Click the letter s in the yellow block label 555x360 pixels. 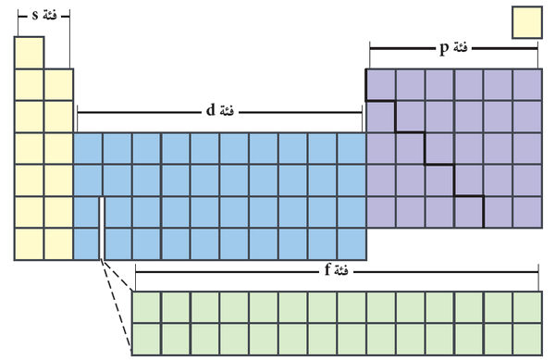[x=35, y=16]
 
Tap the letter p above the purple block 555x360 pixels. [x=444, y=48]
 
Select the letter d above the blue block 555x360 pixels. [x=211, y=110]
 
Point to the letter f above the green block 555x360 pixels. [x=327, y=270]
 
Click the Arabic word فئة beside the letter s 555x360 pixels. [x=50, y=16]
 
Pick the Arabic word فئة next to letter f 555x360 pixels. [x=341, y=271]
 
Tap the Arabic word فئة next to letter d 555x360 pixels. [x=227, y=111]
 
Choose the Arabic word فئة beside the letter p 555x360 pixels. [x=460, y=47]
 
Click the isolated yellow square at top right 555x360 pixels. [x=527, y=22]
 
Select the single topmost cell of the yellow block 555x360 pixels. [x=29, y=53]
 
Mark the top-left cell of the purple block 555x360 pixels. [x=381, y=85]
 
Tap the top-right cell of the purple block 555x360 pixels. [x=527, y=85]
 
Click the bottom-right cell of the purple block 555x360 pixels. [x=527, y=212]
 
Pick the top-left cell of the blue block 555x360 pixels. [x=88, y=149]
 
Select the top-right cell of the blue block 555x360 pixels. [x=351, y=149]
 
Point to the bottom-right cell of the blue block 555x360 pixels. [x=351, y=244]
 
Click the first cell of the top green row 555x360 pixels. [x=146, y=307]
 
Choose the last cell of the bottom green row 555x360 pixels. [x=527, y=339]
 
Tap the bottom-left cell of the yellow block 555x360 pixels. [x=29, y=244]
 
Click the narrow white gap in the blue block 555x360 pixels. [x=102, y=229]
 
